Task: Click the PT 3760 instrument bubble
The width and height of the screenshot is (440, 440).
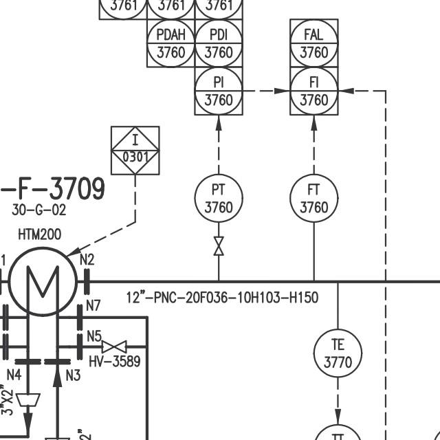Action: (219, 198)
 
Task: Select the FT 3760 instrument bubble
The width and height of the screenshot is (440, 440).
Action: (314, 198)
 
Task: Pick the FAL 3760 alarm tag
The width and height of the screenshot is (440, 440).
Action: (314, 43)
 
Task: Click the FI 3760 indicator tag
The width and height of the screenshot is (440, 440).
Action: (314, 91)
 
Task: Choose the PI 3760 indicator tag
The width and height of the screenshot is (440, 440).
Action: (219, 91)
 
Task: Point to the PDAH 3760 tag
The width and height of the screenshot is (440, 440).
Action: (171, 43)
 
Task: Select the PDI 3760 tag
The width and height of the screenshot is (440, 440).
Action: (219, 43)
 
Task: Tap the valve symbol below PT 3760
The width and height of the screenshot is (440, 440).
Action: (219, 246)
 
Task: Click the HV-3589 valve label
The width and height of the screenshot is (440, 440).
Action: (115, 361)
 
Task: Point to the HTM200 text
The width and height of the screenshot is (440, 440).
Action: (39, 234)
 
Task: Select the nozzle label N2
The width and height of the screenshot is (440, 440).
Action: (87, 259)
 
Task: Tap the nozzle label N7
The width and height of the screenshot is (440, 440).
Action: (93, 305)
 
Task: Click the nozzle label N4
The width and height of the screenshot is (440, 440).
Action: (14, 375)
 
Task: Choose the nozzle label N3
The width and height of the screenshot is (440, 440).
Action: (73, 375)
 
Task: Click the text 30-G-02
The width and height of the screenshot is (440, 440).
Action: (39, 210)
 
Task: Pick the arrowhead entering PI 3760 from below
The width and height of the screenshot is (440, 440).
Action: (219, 122)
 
